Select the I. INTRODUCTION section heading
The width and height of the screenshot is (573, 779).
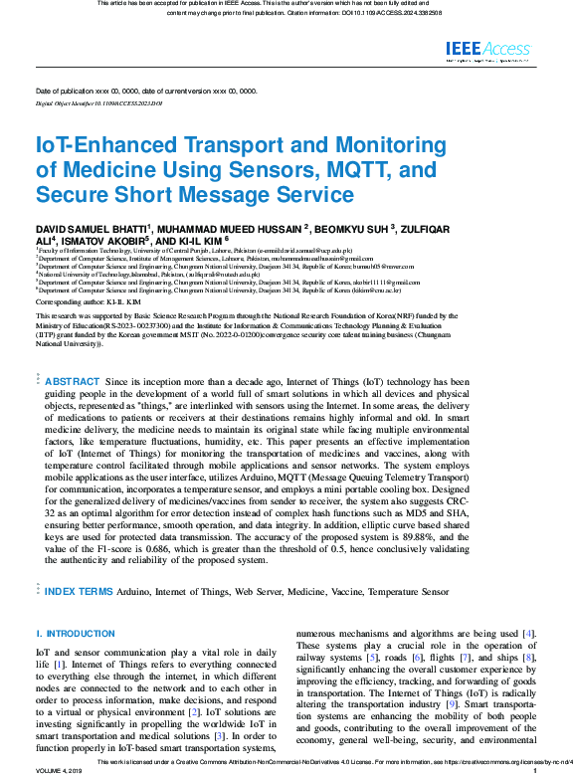coord(76,634)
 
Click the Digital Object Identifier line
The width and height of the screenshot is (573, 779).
coord(98,103)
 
